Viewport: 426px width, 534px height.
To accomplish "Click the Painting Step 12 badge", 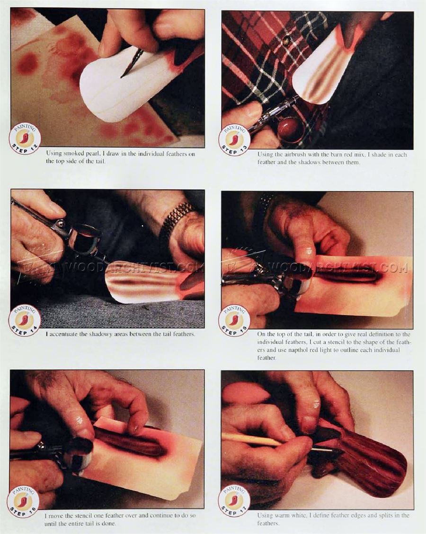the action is click(x=25, y=138).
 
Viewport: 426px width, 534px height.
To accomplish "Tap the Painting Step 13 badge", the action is click(x=234, y=140).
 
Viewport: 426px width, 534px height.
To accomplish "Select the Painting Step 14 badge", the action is click(x=25, y=320).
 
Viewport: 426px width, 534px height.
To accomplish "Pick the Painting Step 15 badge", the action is click(x=234, y=321).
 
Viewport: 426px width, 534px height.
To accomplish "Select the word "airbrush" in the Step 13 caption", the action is click(x=287, y=155).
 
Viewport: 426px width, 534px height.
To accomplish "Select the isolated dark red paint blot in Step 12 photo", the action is click(x=27, y=63).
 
